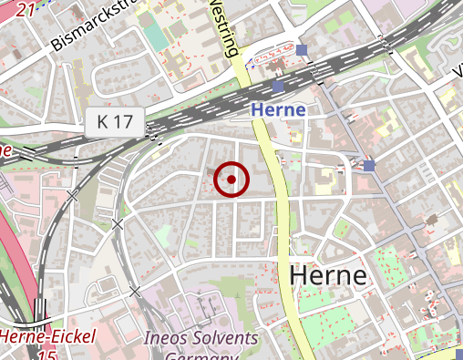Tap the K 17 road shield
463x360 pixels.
(x=117, y=119)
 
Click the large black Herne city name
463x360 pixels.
(x=328, y=275)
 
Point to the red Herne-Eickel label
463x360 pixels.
(x=47, y=337)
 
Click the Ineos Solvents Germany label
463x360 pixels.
(x=201, y=345)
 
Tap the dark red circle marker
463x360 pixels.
(x=231, y=180)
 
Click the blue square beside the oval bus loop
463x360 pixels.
(x=302, y=49)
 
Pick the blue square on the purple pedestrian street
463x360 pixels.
(x=368, y=165)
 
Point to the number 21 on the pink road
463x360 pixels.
(x=26, y=7)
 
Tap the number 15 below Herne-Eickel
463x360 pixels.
(x=47, y=354)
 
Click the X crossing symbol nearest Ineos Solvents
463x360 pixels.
(x=135, y=292)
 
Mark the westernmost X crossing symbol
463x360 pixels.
(x=72, y=194)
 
